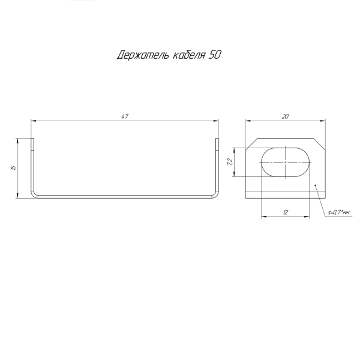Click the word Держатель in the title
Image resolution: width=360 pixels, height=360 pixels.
coord(143,55)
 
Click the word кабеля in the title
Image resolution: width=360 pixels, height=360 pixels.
coord(189,55)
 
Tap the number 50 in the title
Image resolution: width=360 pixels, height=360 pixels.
coord(215,55)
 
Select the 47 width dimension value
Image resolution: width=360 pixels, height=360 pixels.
coord(125,116)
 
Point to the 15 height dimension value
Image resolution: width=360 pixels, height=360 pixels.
coord(14,167)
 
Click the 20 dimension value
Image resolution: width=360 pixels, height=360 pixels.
coord(285,116)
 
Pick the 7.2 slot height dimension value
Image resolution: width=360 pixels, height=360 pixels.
coord(230,162)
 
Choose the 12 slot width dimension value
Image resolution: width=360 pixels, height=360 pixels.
coord(286,212)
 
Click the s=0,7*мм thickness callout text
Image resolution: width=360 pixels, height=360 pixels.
coord(338,213)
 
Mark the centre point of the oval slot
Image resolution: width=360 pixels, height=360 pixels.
coord(286,162)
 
